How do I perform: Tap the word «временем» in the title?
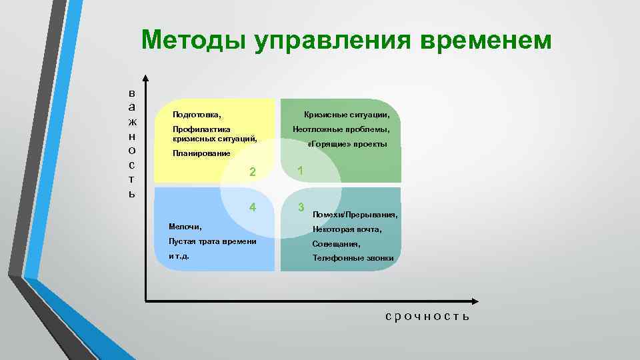tap(487, 40)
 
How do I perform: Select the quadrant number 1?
tap(301, 171)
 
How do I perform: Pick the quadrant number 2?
tap(253, 172)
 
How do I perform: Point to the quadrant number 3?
tap(301, 207)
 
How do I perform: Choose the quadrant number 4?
tap(253, 207)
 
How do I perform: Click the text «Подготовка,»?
tap(197, 115)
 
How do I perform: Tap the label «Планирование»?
tap(201, 153)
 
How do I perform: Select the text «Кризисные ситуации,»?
tap(347, 115)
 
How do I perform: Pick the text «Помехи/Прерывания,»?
tap(355, 215)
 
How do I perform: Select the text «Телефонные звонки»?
tap(353, 258)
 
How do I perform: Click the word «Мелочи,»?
tap(185, 227)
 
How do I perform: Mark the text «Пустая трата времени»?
tap(213, 241)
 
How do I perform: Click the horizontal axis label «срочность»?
tap(427, 316)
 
